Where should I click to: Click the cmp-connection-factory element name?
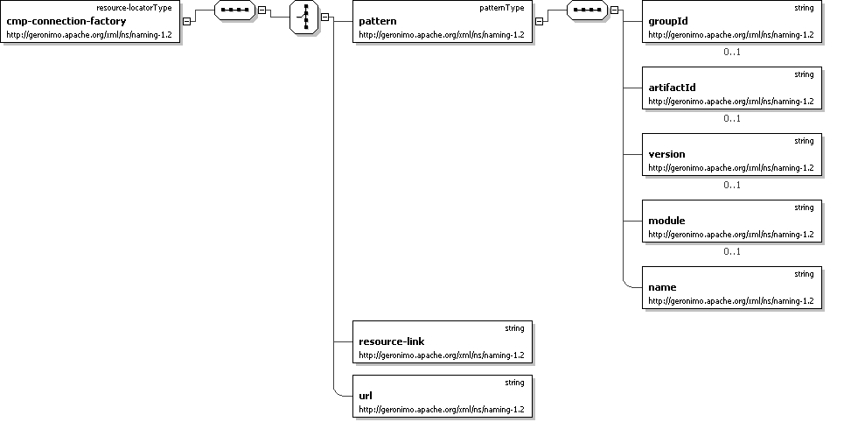[x=66, y=21]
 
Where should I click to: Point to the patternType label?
[x=503, y=8]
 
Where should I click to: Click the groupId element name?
[x=667, y=21]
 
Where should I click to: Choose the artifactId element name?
[x=672, y=88]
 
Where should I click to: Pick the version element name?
[x=666, y=154]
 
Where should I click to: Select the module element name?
[x=666, y=221]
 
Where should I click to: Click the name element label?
[x=662, y=287]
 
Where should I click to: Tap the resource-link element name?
[x=391, y=341]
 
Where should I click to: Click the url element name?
[x=366, y=396]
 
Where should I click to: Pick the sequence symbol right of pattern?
[x=587, y=11]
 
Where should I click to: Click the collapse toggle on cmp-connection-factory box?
[x=187, y=22]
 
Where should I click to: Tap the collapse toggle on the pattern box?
[x=540, y=22]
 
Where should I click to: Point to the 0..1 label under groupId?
[x=732, y=52]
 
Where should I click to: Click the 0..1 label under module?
[x=732, y=251]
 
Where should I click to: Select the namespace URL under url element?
[x=441, y=409]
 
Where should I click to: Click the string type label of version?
[x=804, y=141]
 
